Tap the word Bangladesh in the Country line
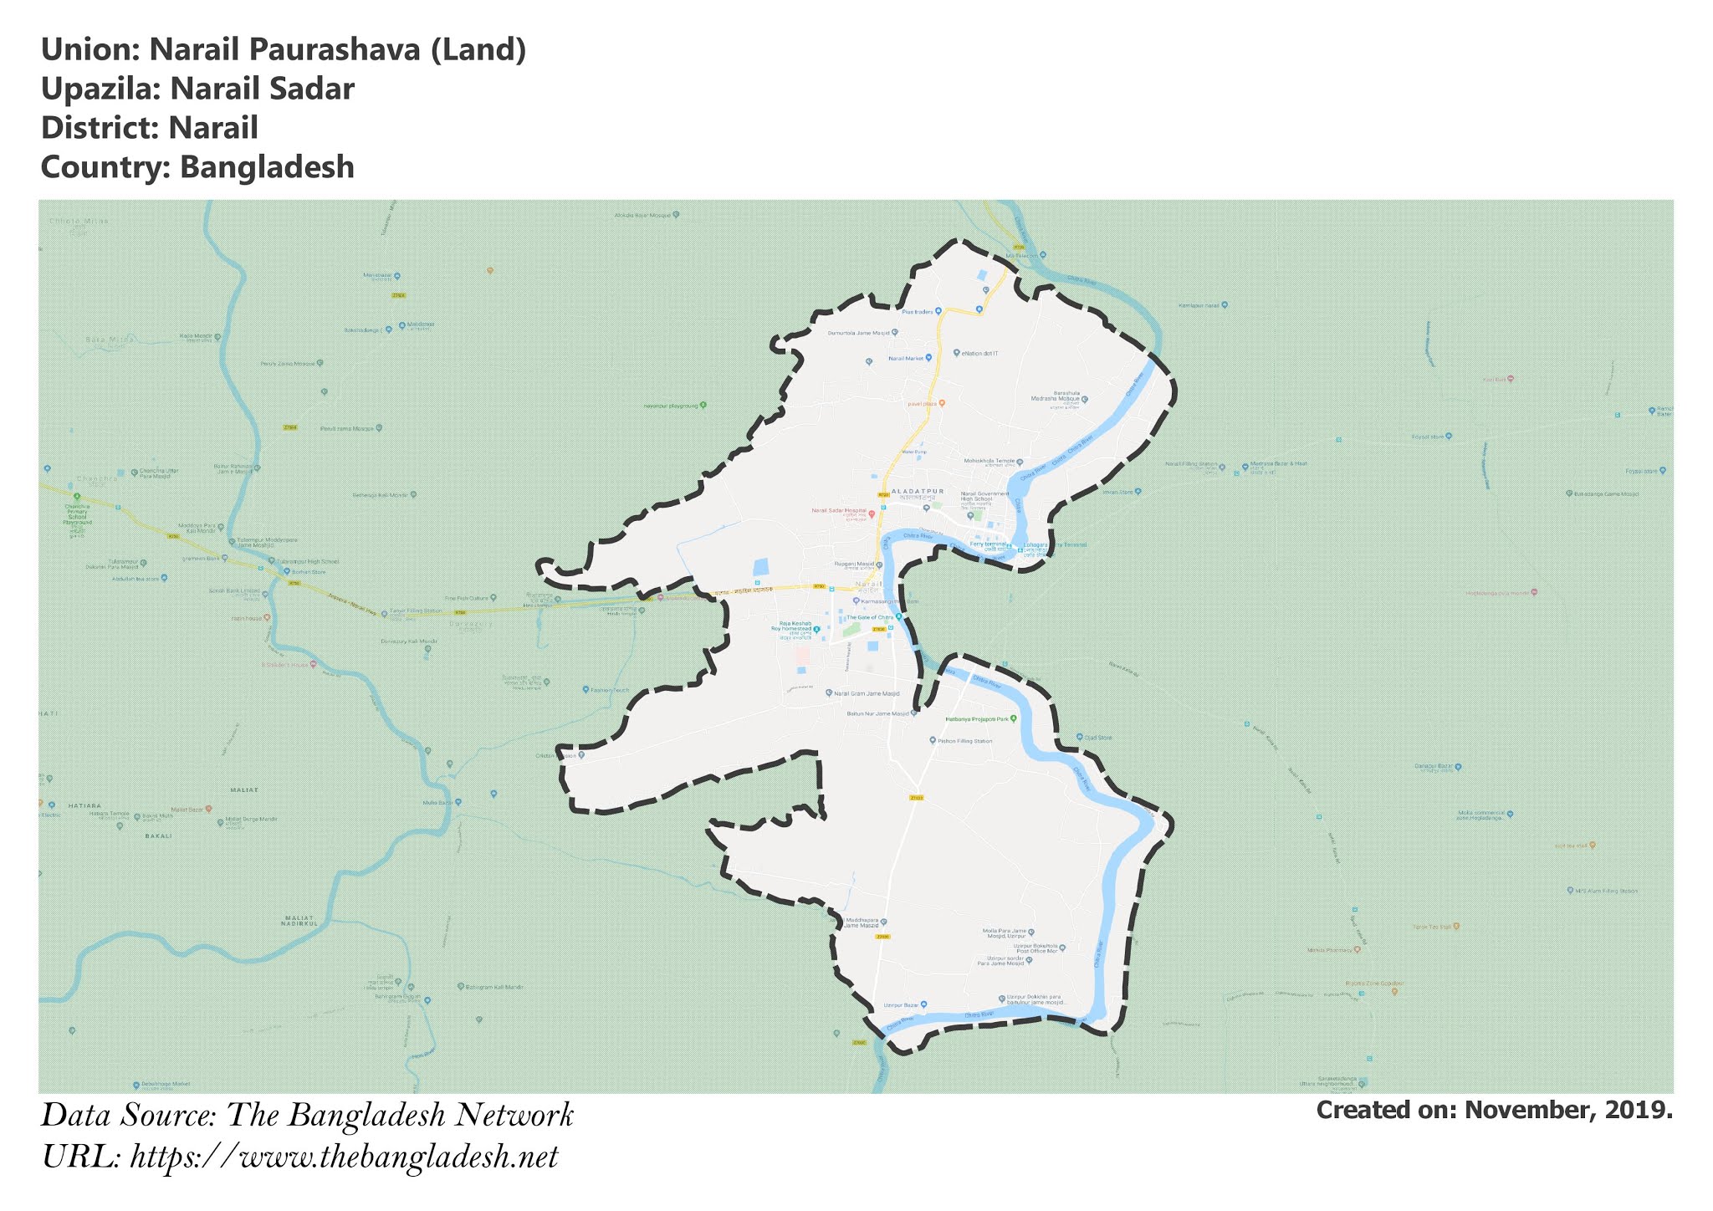[x=267, y=167]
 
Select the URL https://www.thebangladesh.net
[x=344, y=1157]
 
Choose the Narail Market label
[x=906, y=358]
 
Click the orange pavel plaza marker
[x=942, y=403]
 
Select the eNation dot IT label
[x=979, y=354]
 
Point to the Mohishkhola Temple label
[x=989, y=461]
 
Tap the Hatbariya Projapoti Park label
[x=977, y=719]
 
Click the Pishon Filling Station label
[x=964, y=741]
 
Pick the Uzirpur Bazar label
[x=896, y=1004]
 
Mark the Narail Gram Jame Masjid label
[x=867, y=693]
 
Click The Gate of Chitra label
[x=869, y=617]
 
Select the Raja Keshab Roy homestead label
[x=795, y=627]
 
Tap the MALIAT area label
[x=244, y=789]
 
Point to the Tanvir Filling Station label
[x=417, y=611]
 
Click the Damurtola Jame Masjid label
[x=859, y=333]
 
